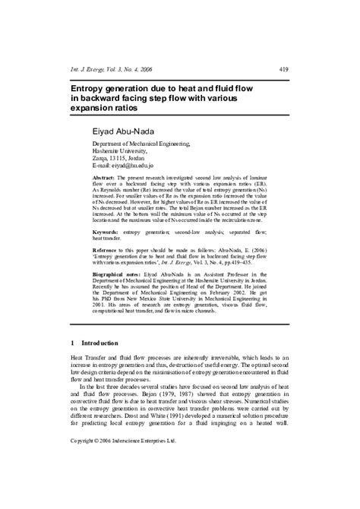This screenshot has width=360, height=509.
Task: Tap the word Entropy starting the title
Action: pos(92,89)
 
